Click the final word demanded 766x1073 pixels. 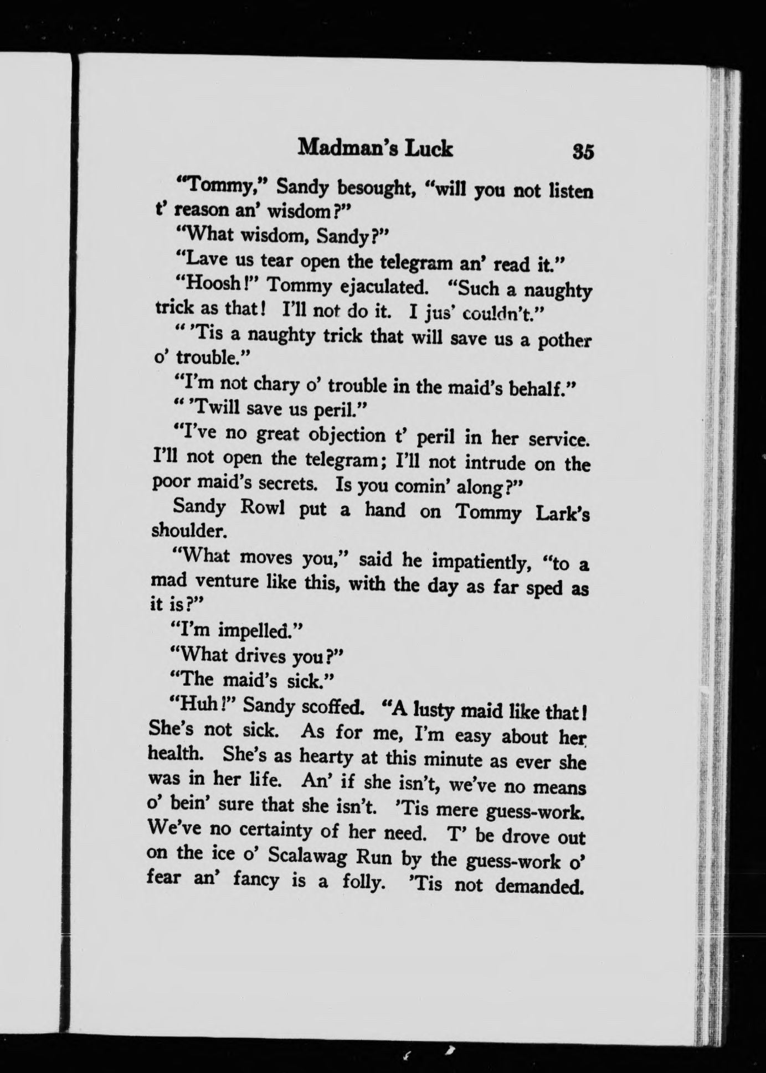(539, 886)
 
